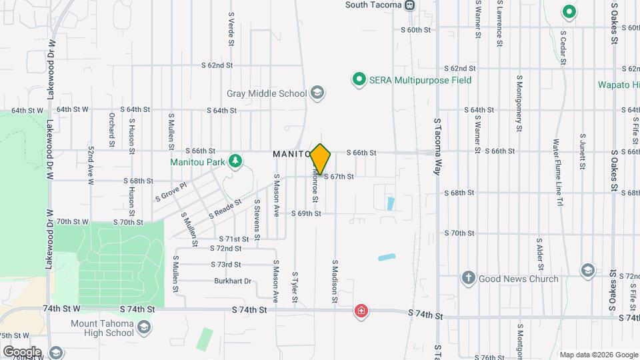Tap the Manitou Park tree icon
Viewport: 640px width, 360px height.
click(235, 161)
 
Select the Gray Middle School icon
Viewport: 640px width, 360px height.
click(317, 93)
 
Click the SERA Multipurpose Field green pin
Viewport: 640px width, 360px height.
click(359, 80)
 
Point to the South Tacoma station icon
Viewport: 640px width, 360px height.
click(410, 5)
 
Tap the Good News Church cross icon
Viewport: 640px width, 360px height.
click(469, 278)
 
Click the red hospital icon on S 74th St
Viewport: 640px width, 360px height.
click(361, 311)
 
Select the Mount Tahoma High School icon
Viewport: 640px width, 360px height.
click(144, 327)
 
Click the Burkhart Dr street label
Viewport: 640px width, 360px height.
click(233, 281)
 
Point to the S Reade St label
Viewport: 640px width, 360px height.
click(224, 211)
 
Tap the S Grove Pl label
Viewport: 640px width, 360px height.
click(171, 192)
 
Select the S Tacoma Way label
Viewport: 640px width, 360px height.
click(438, 147)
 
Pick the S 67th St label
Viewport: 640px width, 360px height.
click(338, 177)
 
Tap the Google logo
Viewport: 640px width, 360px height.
click(22, 351)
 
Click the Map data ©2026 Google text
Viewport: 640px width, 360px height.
click(597, 355)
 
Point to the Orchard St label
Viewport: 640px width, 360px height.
click(111, 124)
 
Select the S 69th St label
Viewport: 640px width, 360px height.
click(306, 213)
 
